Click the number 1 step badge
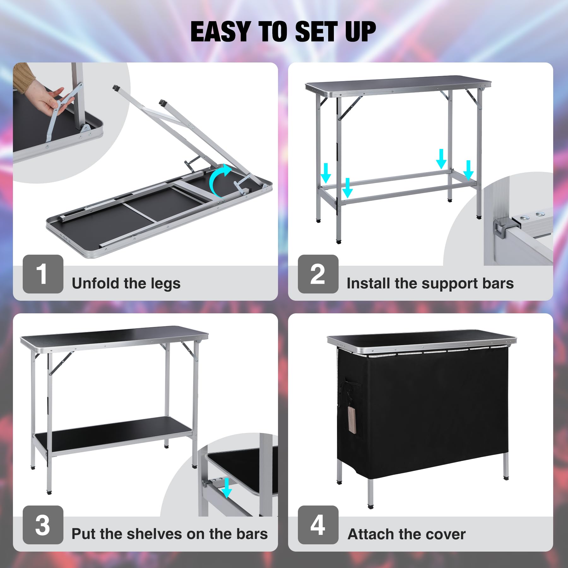(x=43, y=274)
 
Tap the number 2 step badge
(x=318, y=274)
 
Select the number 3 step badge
(x=43, y=525)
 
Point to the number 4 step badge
(x=318, y=525)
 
